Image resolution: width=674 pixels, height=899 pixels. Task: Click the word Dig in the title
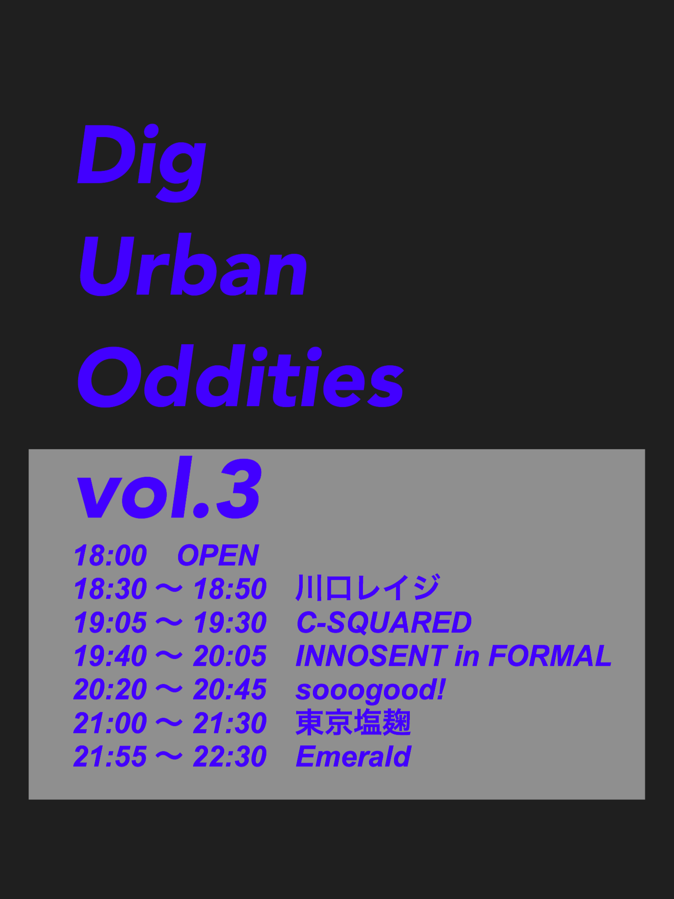point(141,162)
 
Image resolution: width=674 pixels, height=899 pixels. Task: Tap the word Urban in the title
point(193,265)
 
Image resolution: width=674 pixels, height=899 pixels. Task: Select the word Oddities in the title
point(240,376)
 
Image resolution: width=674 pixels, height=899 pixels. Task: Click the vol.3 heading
point(169,488)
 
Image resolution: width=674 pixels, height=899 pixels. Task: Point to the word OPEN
point(218,555)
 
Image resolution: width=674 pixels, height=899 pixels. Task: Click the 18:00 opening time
point(111,555)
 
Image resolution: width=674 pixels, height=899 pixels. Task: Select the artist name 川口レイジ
point(368,588)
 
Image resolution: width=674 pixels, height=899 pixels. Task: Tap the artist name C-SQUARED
point(384,622)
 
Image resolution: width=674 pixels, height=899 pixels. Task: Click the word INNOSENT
point(372,656)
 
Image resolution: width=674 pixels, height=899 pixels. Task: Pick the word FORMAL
point(550,656)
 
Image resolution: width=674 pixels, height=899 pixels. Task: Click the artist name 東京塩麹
point(353,723)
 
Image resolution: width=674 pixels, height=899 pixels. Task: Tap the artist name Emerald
point(353,756)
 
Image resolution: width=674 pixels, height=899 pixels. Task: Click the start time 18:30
point(111,589)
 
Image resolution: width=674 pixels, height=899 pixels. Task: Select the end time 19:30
point(230,622)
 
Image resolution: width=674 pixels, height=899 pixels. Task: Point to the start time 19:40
point(111,656)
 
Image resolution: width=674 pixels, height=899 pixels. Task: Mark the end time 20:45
point(230,689)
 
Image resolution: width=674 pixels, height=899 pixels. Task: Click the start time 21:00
point(111,723)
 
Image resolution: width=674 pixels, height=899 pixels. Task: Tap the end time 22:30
point(230,756)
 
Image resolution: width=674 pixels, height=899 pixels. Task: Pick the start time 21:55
point(111,756)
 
